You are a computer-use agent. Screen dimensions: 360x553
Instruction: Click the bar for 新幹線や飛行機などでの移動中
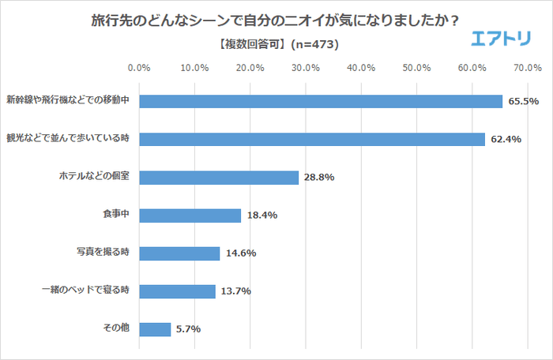click(321, 102)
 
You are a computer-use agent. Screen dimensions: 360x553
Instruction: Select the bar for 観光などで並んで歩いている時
click(312, 140)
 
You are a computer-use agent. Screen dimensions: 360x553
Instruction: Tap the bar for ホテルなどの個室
click(219, 178)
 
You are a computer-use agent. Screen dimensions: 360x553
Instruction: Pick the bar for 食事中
click(190, 216)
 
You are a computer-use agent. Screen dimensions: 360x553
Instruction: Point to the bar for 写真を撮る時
click(179, 253)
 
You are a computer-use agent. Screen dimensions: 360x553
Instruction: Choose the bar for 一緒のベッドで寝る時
click(177, 291)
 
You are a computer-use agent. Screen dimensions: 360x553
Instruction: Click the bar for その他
click(155, 329)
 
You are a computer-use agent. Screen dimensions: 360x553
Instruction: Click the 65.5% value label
click(523, 102)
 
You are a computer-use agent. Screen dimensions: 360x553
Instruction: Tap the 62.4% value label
click(506, 140)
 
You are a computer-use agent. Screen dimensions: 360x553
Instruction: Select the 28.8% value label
click(319, 178)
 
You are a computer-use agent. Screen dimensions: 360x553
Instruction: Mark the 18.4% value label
click(261, 216)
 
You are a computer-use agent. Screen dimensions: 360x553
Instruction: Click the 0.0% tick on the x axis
click(139, 68)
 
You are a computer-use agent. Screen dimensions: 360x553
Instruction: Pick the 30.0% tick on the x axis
click(306, 68)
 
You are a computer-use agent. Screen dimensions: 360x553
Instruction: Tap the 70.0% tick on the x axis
click(527, 68)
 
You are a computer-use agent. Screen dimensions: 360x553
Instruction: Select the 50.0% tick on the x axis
click(416, 68)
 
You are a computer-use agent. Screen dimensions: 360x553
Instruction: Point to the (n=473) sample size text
click(316, 45)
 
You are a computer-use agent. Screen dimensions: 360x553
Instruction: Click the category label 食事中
click(115, 216)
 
